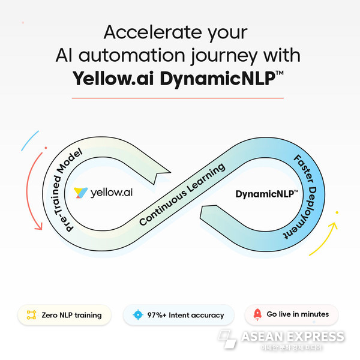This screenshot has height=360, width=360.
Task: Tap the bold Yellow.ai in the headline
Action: point(113,79)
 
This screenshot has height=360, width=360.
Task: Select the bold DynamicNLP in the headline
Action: point(218,79)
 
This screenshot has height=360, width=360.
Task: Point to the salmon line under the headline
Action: point(178,98)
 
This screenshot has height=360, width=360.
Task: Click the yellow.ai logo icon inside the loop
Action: point(80,193)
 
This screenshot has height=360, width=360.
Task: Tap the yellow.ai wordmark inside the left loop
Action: point(112,193)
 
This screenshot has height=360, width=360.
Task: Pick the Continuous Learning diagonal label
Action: point(182,194)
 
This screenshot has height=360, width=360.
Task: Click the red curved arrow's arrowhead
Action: point(38,226)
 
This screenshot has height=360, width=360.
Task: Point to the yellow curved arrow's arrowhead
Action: point(333,226)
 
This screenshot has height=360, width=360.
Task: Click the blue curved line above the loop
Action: point(29,140)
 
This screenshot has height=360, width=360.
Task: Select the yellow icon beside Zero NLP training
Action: point(31,315)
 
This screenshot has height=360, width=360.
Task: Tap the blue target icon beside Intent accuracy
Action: point(138,314)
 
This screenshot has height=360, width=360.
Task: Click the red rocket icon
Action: point(257,314)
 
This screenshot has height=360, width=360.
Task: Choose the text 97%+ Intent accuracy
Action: point(185,315)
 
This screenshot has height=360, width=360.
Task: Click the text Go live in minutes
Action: point(298,314)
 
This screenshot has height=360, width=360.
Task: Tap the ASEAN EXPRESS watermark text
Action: point(293,337)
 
